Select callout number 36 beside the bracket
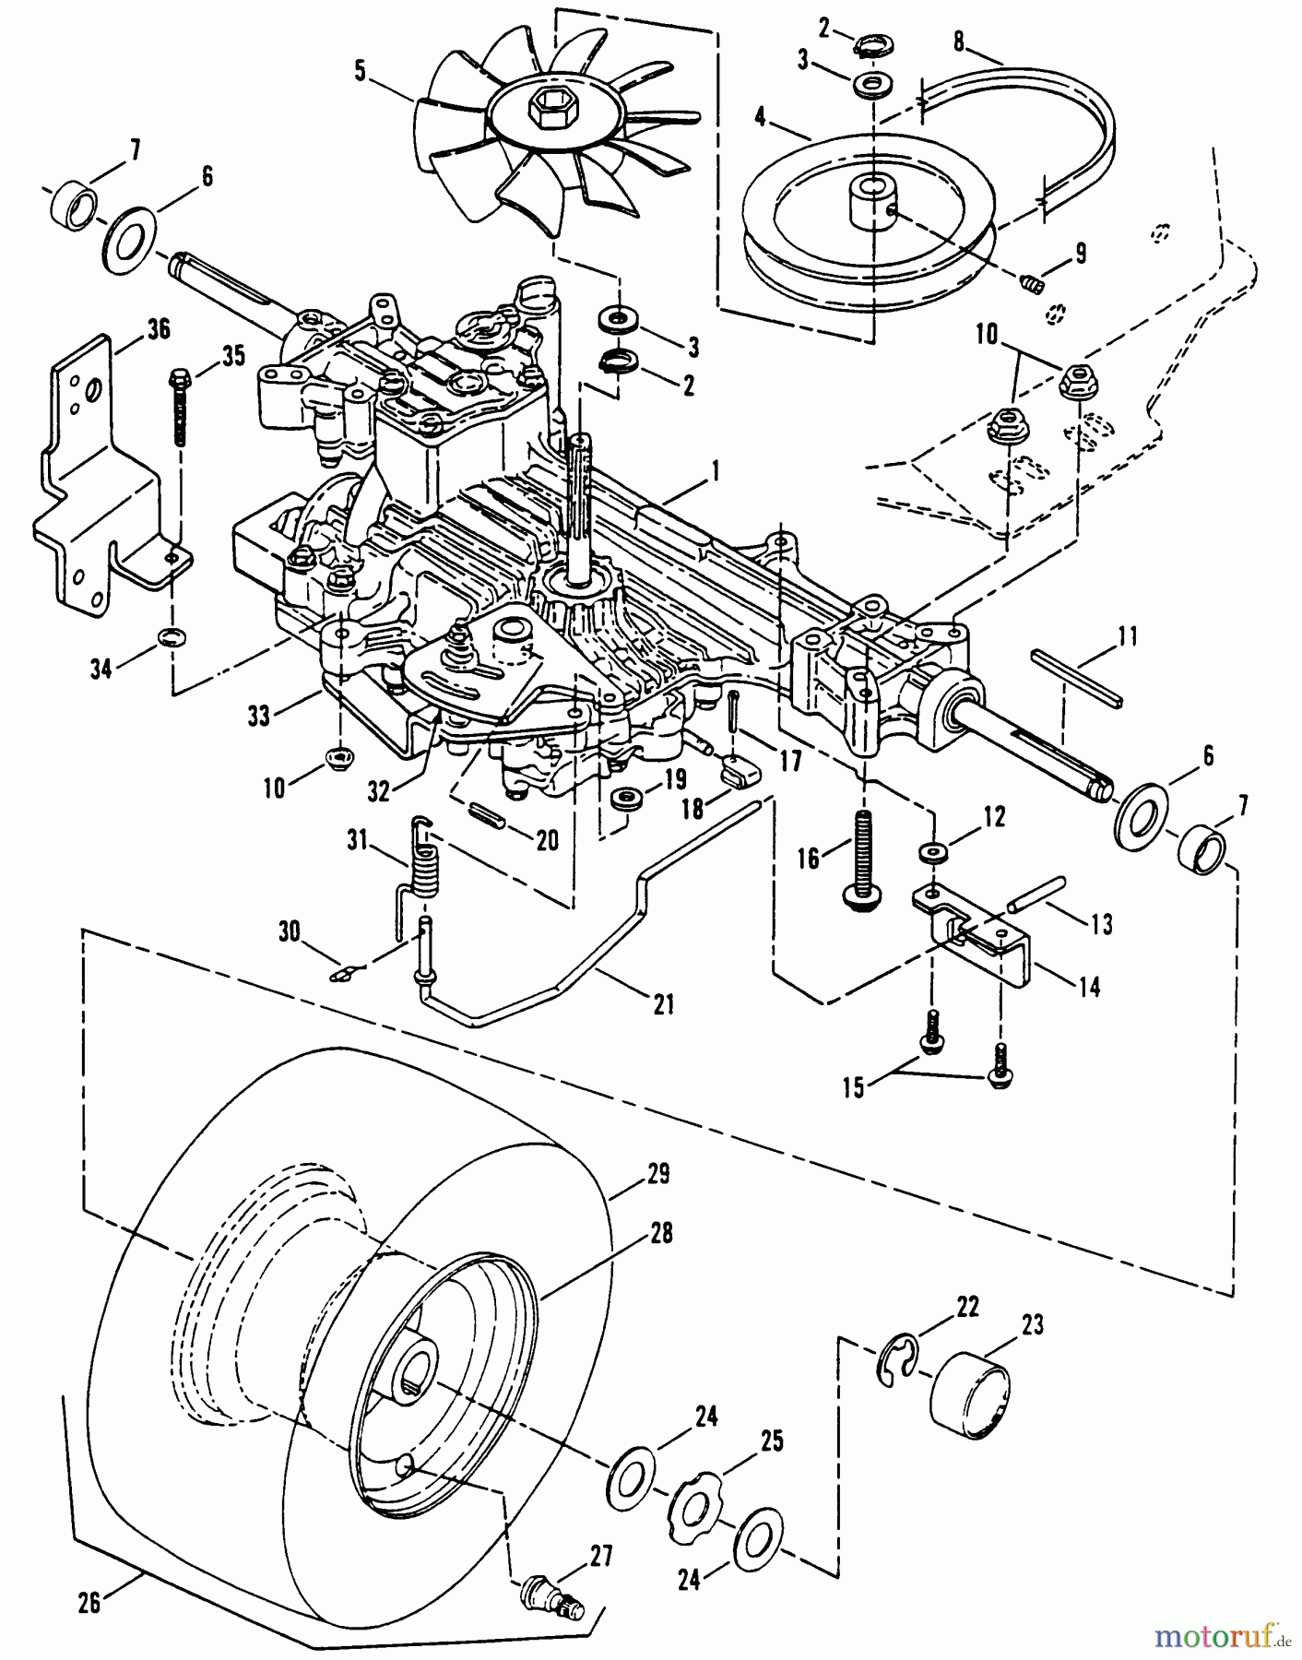pyautogui.click(x=159, y=328)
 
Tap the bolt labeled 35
pyautogui.click(x=180, y=406)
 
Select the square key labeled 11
pyautogui.click(x=1076, y=678)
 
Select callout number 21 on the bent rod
pyautogui.click(x=662, y=1003)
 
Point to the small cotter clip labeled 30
pyautogui.click(x=347, y=971)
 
